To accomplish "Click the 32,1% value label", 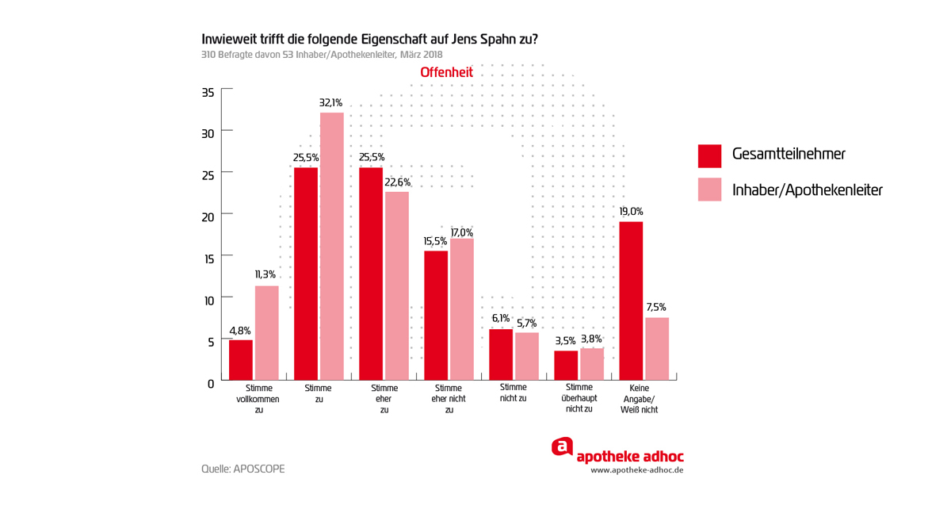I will (330, 103).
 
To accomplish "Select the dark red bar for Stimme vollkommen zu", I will (241, 360).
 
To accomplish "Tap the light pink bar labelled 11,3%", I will (267, 333).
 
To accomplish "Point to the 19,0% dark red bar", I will (631, 301).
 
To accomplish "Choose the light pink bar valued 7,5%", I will (657, 349).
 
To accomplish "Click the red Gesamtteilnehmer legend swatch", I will (709, 156).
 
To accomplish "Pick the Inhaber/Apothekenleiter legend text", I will (807, 190).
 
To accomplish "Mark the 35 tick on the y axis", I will (208, 93).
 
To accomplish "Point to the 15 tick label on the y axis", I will (208, 259).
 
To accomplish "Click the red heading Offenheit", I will (446, 72).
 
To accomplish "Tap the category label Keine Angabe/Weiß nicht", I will (644, 399).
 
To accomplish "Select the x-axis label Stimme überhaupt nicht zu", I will (579, 398).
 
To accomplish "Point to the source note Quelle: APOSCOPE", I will (243, 469).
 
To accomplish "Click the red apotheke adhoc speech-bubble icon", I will (562, 447).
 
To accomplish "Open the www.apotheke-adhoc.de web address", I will (636, 470).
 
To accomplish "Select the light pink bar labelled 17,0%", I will (462, 309).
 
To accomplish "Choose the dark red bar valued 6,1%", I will (501, 354).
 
